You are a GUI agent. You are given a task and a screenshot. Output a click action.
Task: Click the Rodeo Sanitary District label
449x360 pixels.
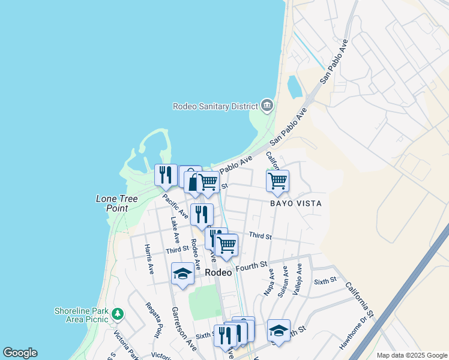pyautogui.click(x=215, y=106)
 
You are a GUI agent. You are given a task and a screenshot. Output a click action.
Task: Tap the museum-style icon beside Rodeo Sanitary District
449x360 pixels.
pyautogui.click(x=267, y=106)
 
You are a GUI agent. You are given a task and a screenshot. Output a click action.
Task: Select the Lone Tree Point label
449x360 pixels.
pyautogui.click(x=112, y=203)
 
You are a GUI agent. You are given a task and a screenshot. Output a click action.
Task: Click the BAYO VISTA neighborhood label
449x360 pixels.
pyautogui.click(x=295, y=203)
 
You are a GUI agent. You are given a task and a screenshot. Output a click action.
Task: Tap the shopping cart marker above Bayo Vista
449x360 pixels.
pyautogui.click(x=277, y=181)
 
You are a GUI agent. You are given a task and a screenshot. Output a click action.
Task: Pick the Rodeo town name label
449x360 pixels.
pyautogui.click(x=218, y=272)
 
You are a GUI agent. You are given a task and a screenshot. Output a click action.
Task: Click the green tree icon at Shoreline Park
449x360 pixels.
pyautogui.click(x=118, y=313)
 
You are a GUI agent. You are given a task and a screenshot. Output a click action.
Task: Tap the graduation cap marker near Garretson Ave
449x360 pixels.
pyautogui.click(x=182, y=274)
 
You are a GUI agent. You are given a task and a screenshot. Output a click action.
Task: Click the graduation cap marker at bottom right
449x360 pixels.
pyautogui.click(x=279, y=330)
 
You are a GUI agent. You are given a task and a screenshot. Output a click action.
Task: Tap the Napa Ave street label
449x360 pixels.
pyautogui.click(x=270, y=282)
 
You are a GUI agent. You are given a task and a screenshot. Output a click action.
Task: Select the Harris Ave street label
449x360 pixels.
pyautogui.click(x=149, y=259)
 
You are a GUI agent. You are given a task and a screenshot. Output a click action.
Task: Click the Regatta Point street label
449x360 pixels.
pyautogui.click(x=154, y=319)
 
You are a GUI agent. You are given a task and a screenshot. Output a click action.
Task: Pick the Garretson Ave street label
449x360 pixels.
pyautogui.click(x=183, y=329)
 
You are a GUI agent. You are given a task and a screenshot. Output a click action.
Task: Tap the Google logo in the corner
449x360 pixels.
pyautogui.click(x=20, y=353)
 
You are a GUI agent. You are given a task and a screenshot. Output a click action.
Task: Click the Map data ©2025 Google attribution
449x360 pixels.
pyautogui.click(x=412, y=355)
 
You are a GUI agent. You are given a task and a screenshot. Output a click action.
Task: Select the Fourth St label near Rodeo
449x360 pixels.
pyautogui.click(x=252, y=265)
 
